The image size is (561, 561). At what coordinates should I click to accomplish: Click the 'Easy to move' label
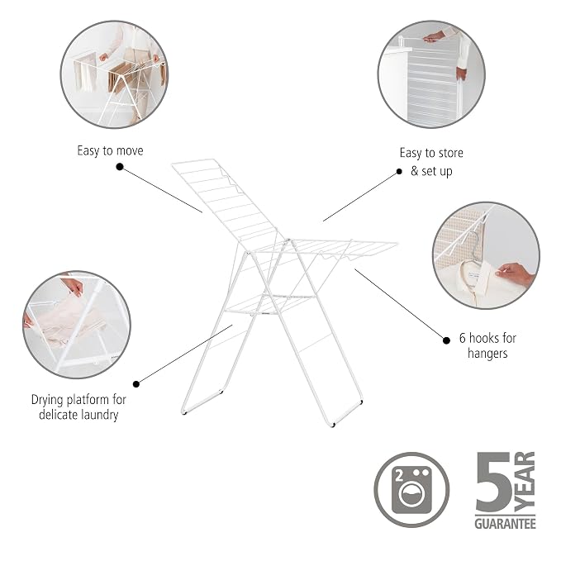click(x=110, y=150)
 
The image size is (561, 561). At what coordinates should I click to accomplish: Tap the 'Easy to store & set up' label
click(x=431, y=162)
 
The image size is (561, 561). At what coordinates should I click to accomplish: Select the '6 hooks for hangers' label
click(x=487, y=345)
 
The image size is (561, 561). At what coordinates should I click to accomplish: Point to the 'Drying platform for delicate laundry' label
click(x=78, y=406)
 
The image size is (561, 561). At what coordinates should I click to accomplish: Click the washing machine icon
click(x=411, y=489)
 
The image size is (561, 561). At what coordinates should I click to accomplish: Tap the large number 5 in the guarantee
click(x=494, y=482)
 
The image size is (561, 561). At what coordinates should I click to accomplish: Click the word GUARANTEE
click(x=505, y=524)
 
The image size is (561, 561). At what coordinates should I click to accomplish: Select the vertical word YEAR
click(x=525, y=482)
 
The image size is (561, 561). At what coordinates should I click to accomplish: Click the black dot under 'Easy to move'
click(x=120, y=167)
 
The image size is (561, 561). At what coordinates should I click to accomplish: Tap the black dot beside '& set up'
click(x=399, y=172)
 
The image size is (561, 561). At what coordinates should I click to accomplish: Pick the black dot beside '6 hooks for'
click(x=446, y=340)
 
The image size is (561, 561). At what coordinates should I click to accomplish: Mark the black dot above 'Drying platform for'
click(x=136, y=384)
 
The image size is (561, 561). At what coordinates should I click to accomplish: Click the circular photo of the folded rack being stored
click(x=431, y=74)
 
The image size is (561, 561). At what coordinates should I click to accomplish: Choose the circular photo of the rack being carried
click(x=114, y=74)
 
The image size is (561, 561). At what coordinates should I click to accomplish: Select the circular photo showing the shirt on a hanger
click(x=486, y=255)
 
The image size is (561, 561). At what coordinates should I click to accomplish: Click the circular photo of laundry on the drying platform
click(x=77, y=325)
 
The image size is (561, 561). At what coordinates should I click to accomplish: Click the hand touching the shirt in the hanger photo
click(x=516, y=274)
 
